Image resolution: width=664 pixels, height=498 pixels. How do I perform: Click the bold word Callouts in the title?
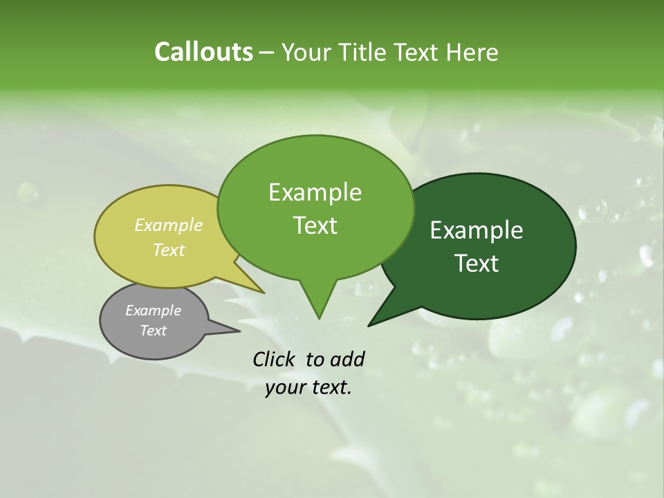click(x=203, y=52)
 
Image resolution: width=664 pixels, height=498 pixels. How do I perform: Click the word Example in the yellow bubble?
click(x=169, y=225)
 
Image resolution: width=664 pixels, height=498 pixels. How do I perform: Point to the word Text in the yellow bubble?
click(x=169, y=250)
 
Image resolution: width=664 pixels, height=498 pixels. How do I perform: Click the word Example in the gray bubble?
click(x=153, y=311)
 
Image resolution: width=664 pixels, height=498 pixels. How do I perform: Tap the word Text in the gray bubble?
click(x=153, y=331)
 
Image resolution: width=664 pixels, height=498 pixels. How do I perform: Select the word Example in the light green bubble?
click(x=315, y=192)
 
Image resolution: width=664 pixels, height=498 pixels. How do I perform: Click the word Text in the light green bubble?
click(x=315, y=225)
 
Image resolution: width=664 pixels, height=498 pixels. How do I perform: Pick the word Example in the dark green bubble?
click(x=477, y=230)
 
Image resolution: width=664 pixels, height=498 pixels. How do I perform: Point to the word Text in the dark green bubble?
click(x=477, y=264)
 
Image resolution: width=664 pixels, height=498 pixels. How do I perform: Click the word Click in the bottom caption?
click(x=275, y=359)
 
